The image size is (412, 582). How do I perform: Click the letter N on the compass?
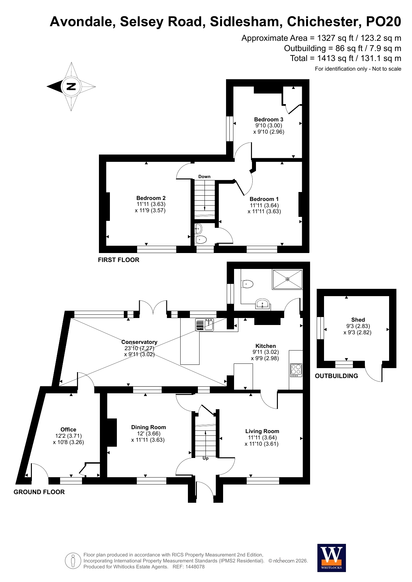point(71,87)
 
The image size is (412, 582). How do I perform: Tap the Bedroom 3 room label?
point(269,119)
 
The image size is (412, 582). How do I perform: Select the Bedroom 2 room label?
point(151,198)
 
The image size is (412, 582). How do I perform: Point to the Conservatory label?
point(139,342)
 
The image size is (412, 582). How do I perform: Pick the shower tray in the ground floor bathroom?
point(288,279)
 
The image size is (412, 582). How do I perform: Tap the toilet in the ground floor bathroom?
point(247,284)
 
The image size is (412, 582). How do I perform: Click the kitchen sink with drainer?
point(205,325)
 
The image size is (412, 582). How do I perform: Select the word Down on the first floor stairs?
point(205,176)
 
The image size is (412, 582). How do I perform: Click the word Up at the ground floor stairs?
point(206,458)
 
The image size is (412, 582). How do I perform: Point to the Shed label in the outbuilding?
point(358,320)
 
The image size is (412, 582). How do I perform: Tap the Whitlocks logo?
point(331,558)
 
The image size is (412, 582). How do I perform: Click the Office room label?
point(68,429)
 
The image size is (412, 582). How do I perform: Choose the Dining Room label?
point(148,427)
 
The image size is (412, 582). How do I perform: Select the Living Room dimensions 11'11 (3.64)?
point(262,437)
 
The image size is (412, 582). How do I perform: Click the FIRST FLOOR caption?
point(119,260)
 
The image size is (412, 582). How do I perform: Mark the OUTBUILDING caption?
point(336,376)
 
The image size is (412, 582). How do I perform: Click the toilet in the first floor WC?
point(201,239)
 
